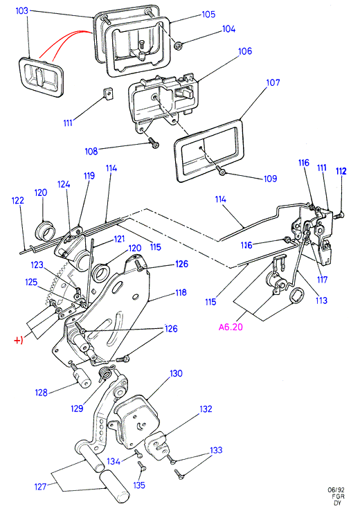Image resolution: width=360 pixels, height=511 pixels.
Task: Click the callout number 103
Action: click(x=22, y=11)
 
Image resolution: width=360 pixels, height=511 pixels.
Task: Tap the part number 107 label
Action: click(x=273, y=82)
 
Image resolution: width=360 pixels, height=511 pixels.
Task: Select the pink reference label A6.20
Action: click(x=231, y=327)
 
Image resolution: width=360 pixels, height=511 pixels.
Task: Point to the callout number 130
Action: click(x=176, y=373)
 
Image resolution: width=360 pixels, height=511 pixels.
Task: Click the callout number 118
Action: click(x=181, y=293)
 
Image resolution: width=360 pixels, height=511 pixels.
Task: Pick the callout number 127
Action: click(x=40, y=487)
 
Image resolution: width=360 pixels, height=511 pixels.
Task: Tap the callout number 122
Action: click(x=17, y=200)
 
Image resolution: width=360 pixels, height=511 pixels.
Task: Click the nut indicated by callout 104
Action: click(x=178, y=46)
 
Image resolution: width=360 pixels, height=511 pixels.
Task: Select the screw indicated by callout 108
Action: click(x=154, y=143)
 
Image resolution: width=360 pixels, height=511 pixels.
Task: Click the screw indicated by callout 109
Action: click(x=220, y=170)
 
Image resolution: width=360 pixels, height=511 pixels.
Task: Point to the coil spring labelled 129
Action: click(x=106, y=372)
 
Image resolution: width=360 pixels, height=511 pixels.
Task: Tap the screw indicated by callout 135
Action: click(x=141, y=466)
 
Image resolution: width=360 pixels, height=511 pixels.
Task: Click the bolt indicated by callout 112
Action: click(x=339, y=215)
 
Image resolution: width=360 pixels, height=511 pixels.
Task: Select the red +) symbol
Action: click(x=18, y=341)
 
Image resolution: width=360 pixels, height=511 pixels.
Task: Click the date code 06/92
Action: click(x=336, y=490)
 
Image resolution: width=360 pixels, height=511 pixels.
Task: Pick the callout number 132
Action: click(x=206, y=409)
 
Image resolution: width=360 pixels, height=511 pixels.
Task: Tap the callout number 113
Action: click(x=321, y=300)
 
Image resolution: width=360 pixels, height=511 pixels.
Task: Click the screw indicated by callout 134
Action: click(x=138, y=453)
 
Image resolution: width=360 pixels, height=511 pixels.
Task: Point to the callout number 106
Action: click(x=245, y=51)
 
